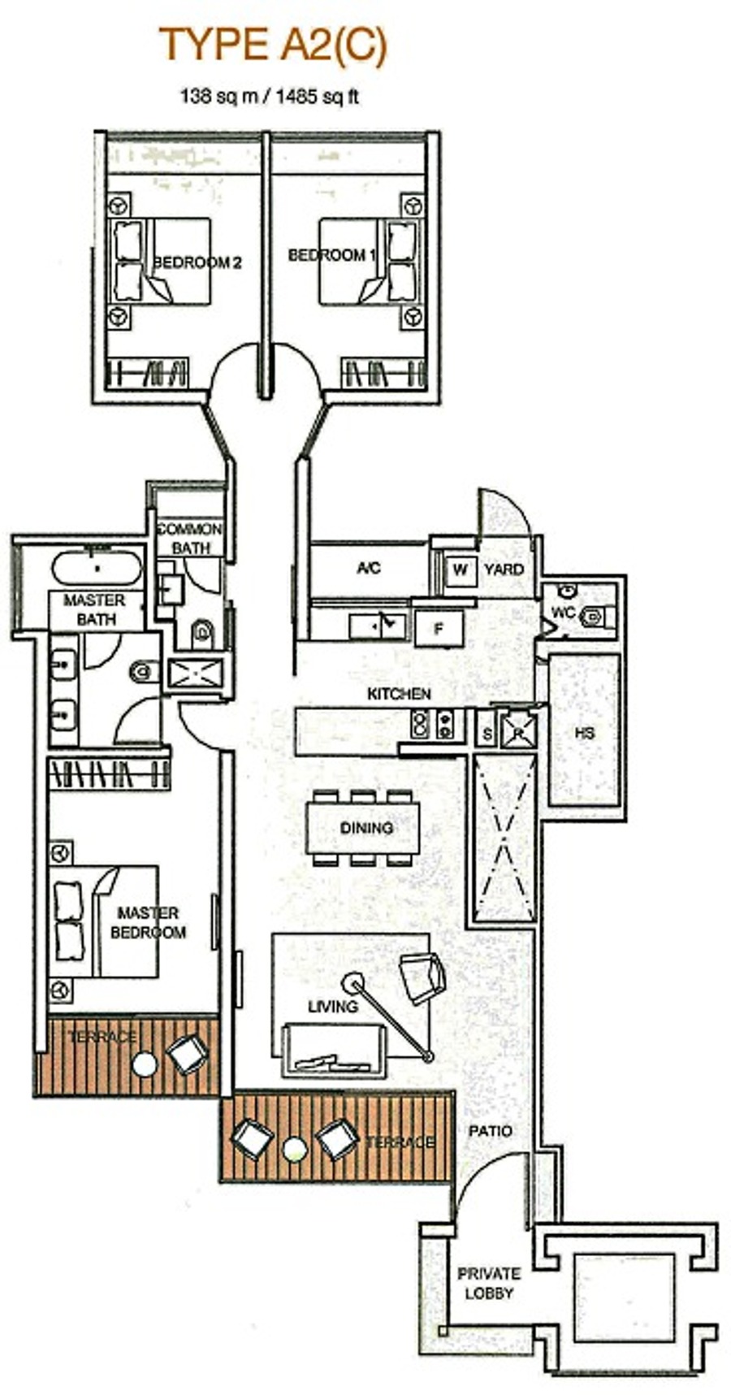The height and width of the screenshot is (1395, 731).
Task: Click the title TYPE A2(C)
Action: coord(273,45)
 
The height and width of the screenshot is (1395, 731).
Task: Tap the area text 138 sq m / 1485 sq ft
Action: coord(269,97)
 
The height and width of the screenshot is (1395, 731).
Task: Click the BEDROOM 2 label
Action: coord(197,262)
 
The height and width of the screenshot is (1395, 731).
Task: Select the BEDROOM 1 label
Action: coord(332,255)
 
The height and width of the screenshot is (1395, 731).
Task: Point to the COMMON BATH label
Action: coord(189,539)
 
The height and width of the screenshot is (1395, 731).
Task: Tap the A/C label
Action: coord(369,568)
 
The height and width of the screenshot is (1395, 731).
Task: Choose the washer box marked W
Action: coord(461,569)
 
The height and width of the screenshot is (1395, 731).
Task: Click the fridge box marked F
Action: coord(439,628)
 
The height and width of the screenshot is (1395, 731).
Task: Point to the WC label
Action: coord(563,611)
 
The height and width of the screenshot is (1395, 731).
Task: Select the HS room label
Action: coord(585,733)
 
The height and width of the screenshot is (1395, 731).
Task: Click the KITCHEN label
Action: coord(399,695)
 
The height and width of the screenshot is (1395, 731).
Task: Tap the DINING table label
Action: coord(366,828)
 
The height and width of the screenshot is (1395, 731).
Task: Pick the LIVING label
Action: coord(333,1006)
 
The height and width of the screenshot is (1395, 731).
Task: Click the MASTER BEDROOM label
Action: coord(148,923)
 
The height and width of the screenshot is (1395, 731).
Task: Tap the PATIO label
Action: coord(491,1131)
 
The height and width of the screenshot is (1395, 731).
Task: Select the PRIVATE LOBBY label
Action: coord(489,1284)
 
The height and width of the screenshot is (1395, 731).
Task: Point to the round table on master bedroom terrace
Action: coord(144,1064)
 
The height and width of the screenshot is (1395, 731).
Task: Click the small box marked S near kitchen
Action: coord(487,733)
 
